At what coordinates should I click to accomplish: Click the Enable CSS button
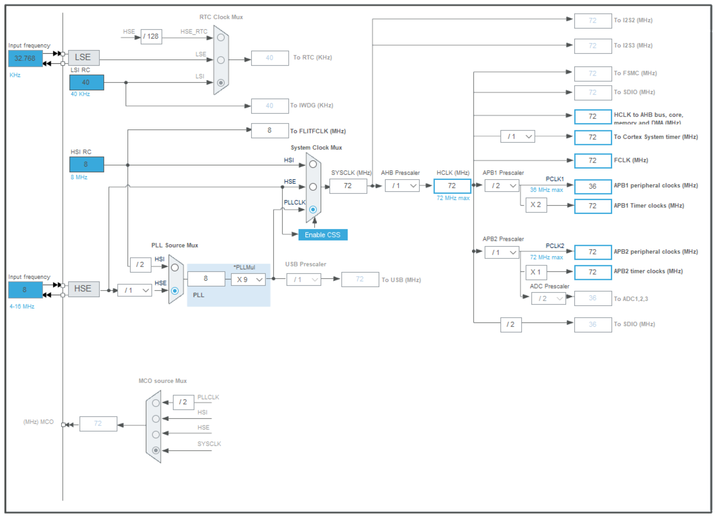323,235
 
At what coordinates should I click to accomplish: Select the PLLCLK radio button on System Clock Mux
313,209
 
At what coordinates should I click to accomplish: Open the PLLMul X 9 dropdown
248,280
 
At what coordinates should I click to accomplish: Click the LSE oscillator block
83,57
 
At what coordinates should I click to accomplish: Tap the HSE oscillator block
83,289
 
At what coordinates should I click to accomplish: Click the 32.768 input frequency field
25,58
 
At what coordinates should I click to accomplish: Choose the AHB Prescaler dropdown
402,185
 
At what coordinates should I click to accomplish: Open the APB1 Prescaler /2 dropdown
502,185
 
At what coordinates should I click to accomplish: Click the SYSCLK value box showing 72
348,186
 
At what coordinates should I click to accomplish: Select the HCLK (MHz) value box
452,186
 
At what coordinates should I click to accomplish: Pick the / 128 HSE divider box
151,37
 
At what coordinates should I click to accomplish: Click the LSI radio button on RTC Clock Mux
221,83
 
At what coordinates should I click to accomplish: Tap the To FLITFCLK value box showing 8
270,131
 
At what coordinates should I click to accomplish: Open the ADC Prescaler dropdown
549,298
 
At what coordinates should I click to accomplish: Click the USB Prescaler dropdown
304,280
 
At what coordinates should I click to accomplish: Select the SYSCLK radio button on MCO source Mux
156,450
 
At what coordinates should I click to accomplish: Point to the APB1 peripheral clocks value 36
592,186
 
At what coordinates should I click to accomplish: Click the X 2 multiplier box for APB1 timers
536,205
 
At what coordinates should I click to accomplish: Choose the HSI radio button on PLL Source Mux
175,267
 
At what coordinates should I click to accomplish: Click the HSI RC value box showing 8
86,164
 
